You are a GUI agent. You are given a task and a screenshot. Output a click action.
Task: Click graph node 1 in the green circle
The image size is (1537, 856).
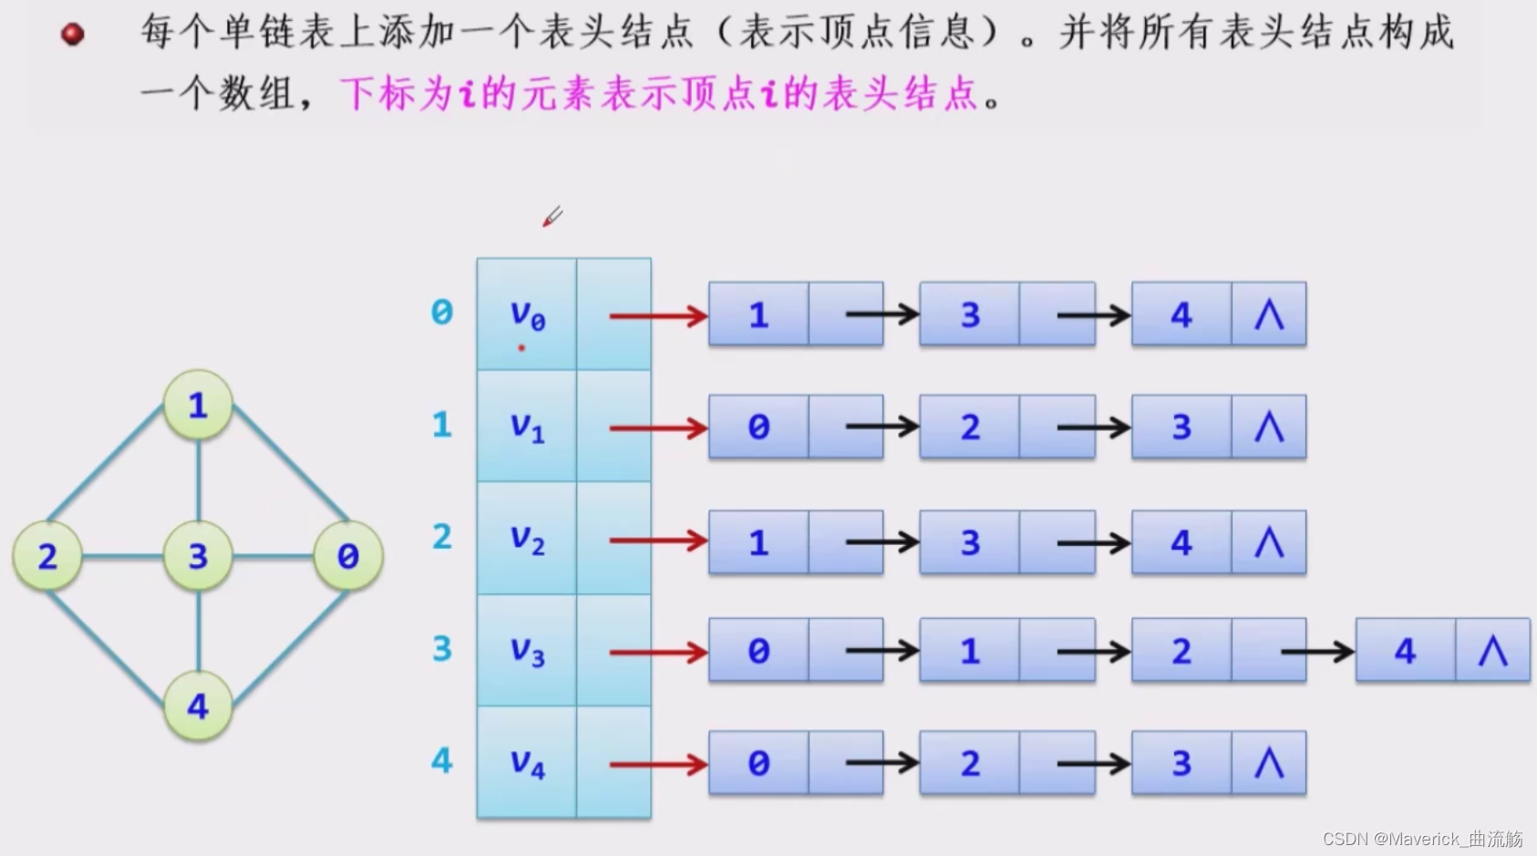tap(198, 405)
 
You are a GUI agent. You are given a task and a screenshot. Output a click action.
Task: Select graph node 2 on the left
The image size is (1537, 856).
tap(47, 555)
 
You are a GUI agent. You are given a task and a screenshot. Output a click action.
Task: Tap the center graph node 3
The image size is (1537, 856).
tap(198, 555)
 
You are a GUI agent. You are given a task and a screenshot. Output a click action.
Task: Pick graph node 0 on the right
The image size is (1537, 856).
tap(347, 555)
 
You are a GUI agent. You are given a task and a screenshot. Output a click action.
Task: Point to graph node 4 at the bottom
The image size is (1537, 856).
tap(198, 706)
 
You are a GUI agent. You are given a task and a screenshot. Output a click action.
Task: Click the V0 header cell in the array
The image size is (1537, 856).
tap(527, 315)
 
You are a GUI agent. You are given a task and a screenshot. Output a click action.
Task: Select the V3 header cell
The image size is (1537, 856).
tap(527, 651)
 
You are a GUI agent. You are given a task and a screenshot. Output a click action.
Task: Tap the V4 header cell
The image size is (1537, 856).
tap(527, 762)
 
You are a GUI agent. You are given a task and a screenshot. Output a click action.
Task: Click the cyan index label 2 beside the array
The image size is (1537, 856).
tap(441, 537)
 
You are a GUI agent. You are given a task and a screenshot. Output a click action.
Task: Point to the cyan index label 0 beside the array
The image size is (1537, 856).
tap(441, 313)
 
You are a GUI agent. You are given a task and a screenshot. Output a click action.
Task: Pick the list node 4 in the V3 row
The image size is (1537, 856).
tap(1405, 651)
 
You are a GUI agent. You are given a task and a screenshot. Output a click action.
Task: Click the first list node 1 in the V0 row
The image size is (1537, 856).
tap(758, 315)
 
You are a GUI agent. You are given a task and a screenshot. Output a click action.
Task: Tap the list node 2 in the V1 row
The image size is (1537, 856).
tap(970, 428)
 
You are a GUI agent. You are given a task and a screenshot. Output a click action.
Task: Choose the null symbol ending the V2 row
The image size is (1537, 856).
tap(1269, 543)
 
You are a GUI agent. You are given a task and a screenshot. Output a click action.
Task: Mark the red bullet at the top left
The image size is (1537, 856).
tap(72, 35)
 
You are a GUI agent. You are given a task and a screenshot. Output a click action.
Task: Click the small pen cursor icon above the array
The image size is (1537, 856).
tap(552, 217)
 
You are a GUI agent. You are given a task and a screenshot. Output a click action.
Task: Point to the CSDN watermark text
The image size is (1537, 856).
tap(1422, 839)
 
